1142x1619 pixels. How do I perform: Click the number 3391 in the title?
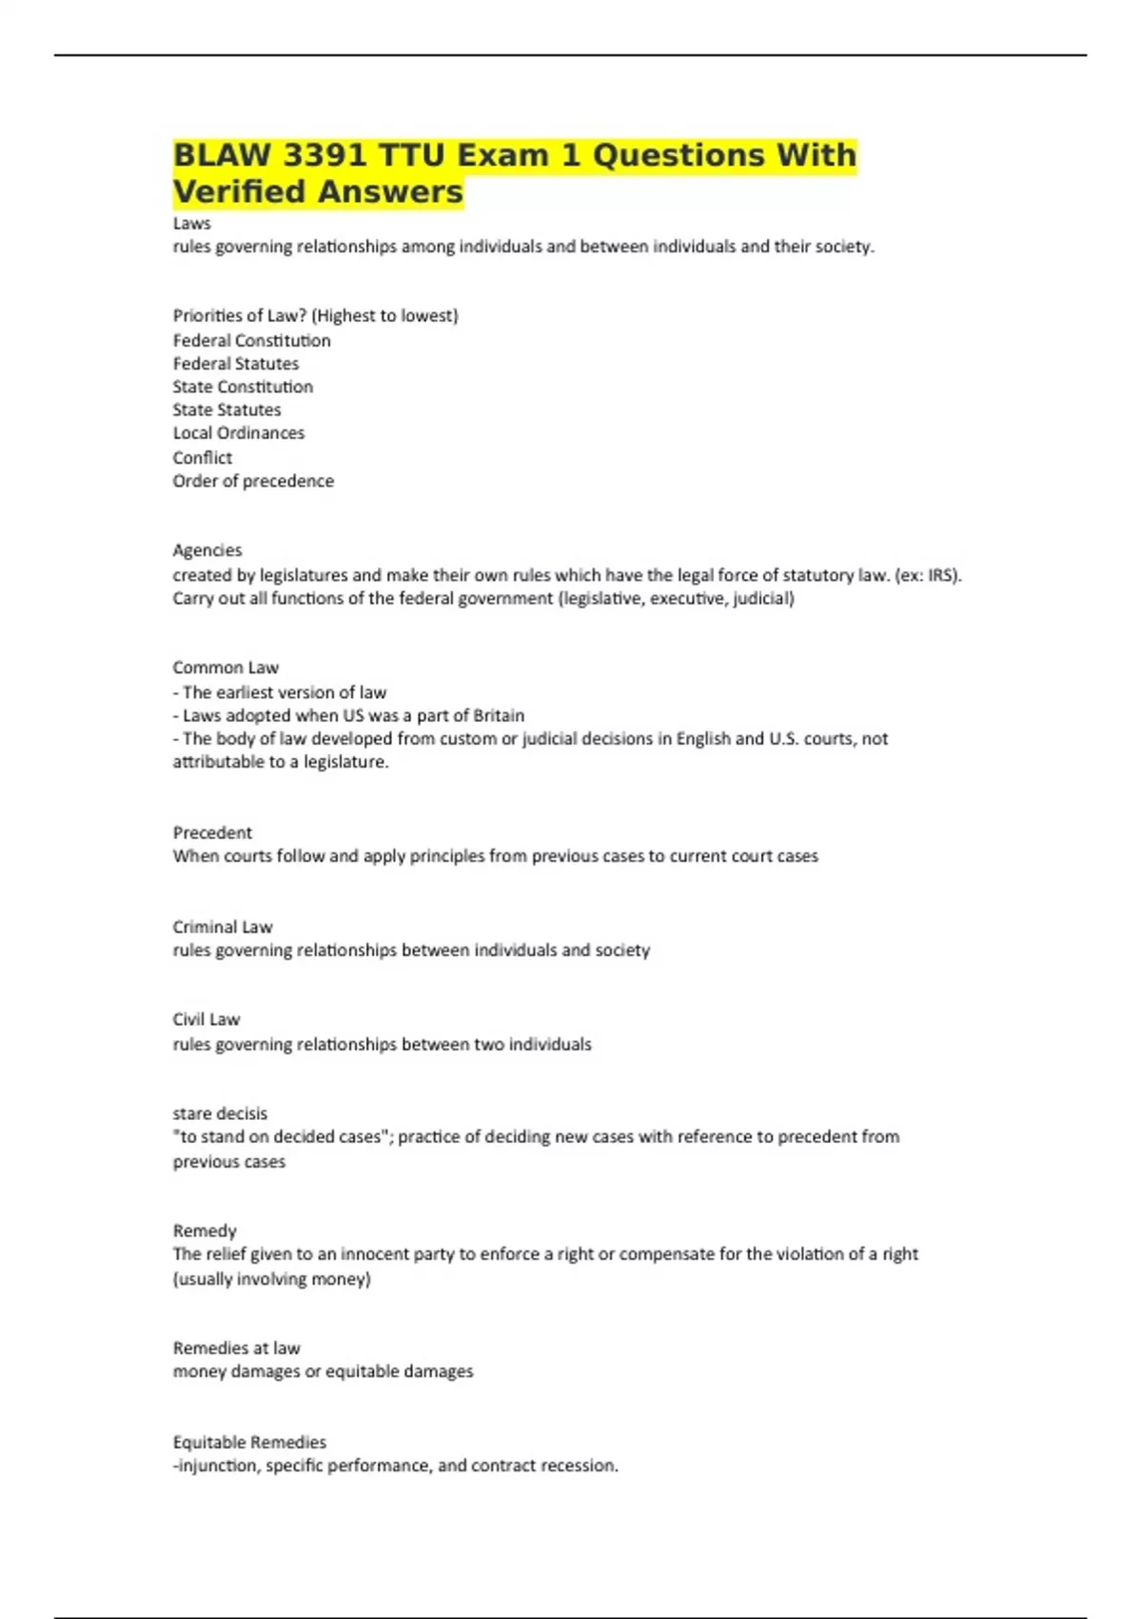click(325, 155)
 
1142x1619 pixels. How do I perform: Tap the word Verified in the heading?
click(240, 191)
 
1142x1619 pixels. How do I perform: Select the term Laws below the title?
click(191, 223)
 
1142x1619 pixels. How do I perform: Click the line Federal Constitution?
click(251, 340)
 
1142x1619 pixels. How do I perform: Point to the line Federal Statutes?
click(235, 363)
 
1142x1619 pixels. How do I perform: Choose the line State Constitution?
click(243, 387)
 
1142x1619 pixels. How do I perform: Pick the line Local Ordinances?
click(238, 432)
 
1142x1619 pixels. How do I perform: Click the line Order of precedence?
click(253, 481)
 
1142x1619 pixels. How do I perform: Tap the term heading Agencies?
click(207, 550)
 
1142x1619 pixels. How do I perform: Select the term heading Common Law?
click(226, 668)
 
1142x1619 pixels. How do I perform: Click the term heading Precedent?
click(212, 832)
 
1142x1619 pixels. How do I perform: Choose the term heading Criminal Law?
click(222, 927)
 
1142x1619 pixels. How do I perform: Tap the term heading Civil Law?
click(206, 1019)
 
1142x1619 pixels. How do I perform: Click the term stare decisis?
click(220, 1113)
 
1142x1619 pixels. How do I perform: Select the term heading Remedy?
click(204, 1230)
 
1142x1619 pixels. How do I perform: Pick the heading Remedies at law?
click(236, 1348)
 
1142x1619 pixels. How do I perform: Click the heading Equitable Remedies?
click(249, 1442)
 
